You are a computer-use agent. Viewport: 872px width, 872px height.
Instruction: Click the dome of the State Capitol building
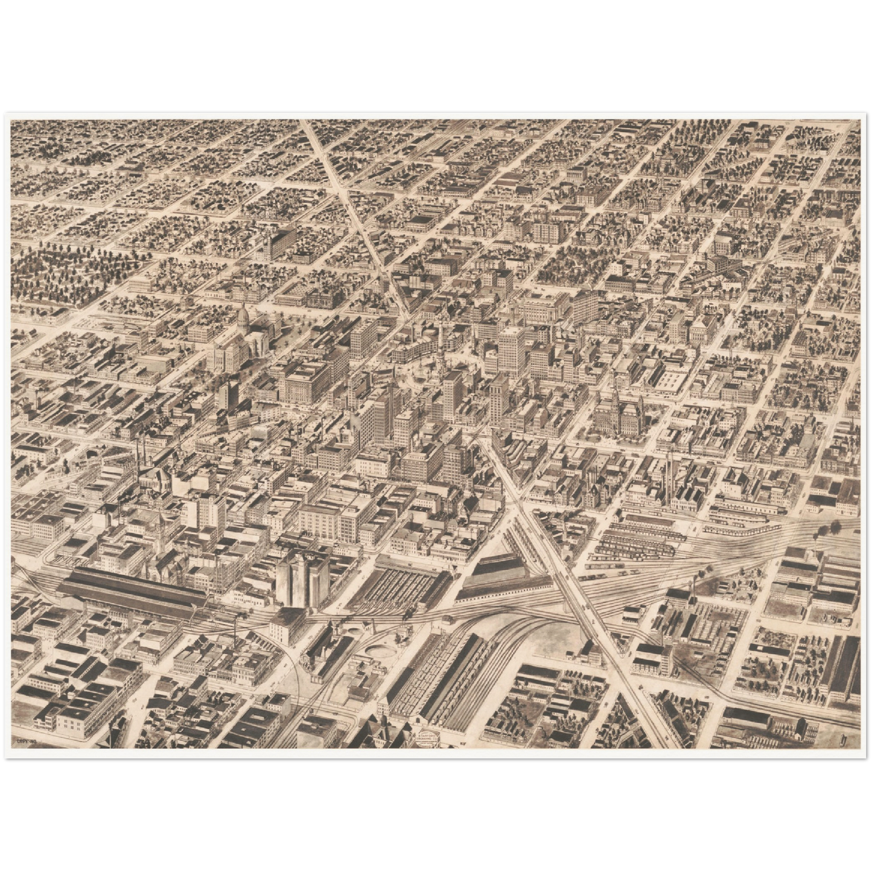coord(243,315)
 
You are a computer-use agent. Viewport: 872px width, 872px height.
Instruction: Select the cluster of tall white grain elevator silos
coord(302,579)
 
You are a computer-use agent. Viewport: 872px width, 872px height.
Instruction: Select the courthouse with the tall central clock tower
coord(616,410)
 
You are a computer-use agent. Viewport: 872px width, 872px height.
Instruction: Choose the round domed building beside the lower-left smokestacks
coord(156,480)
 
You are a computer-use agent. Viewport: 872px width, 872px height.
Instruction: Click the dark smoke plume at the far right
coord(824,531)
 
